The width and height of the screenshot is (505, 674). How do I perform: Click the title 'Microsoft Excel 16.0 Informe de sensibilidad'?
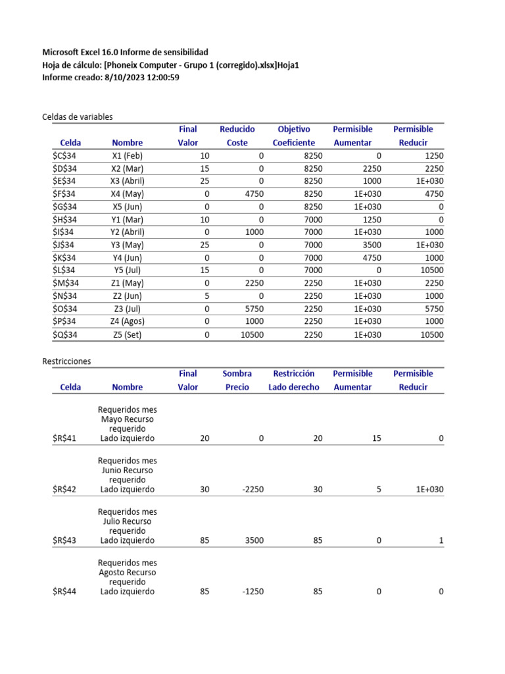point(125,52)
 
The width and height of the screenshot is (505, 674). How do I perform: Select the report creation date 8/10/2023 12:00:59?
point(141,78)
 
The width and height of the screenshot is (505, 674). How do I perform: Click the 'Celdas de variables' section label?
point(78,117)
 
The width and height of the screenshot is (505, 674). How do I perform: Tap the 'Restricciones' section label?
point(66,361)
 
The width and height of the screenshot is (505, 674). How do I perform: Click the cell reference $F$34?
point(64,194)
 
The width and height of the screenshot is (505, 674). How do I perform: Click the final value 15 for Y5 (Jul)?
point(204,271)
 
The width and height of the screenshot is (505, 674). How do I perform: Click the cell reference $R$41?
point(64,438)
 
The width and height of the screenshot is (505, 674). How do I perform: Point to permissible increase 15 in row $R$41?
point(376,438)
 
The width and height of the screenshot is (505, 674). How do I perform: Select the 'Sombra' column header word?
point(237,374)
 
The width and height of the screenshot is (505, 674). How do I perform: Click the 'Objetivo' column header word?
point(294,130)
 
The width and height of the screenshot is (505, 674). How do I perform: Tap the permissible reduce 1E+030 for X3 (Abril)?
point(429,181)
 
